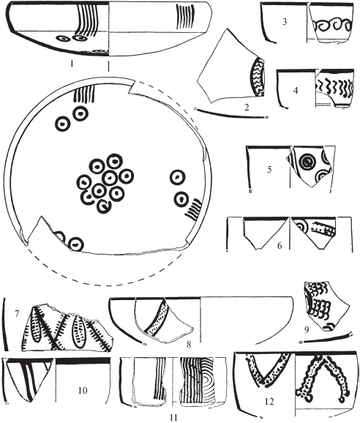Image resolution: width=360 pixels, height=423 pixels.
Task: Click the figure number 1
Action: point(72,64)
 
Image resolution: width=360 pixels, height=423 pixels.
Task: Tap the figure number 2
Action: point(247,108)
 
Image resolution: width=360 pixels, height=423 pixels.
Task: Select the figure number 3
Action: point(285,21)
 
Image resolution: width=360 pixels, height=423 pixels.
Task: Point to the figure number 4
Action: point(296,91)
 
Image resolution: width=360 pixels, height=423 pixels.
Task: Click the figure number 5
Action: point(269,170)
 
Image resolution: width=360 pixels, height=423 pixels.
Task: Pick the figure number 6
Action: point(280,245)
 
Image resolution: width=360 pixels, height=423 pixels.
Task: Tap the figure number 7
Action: point(17,314)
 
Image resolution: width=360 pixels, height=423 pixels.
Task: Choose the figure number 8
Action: point(189,344)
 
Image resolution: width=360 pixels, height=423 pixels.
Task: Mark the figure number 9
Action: point(307,330)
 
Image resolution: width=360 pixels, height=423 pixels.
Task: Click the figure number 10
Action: point(83,390)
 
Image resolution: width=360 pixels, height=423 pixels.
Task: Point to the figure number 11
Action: point(174,418)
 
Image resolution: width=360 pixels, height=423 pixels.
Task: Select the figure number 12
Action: point(269,402)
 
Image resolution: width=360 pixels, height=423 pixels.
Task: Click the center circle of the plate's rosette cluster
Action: point(110,178)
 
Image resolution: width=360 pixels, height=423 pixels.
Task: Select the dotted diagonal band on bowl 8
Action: point(157,318)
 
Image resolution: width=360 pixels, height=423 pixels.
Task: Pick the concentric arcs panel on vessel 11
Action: point(208,381)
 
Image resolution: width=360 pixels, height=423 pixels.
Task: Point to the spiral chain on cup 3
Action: point(334,26)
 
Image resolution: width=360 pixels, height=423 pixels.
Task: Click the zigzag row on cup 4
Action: point(334,87)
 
